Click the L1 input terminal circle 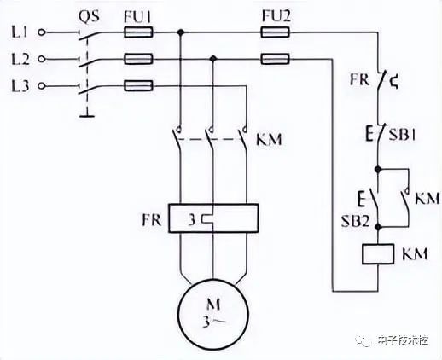click(x=42, y=32)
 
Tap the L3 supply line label click(x=20, y=85)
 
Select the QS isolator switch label click(x=89, y=17)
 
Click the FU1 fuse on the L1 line click(x=138, y=32)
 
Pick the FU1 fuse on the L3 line click(x=138, y=85)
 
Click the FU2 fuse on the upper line click(x=276, y=32)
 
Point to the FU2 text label click(x=276, y=16)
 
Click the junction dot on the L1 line click(x=180, y=32)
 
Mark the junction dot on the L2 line click(x=213, y=59)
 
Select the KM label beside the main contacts click(x=269, y=139)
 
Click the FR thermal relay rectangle click(x=213, y=218)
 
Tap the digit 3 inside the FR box click(x=192, y=220)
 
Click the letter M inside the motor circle click(x=213, y=305)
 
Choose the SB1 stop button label click(x=402, y=135)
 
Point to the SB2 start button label click(x=355, y=221)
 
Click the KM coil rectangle click(x=378, y=254)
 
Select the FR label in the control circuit click(x=359, y=79)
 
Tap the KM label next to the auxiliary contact click(x=427, y=198)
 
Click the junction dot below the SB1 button click(x=378, y=170)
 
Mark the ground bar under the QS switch click(x=87, y=115)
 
